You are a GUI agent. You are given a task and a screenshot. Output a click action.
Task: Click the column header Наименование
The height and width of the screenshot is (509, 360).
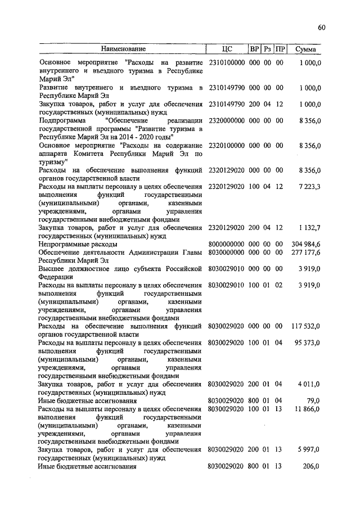[123, 49]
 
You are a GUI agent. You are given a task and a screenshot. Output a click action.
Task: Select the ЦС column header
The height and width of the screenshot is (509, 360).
[227, 49]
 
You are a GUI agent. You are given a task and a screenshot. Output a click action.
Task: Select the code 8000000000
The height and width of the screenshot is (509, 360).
[226, 245]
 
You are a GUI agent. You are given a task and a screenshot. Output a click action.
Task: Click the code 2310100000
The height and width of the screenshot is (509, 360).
[226, 61]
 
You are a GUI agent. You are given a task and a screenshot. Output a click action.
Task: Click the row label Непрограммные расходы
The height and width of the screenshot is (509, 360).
[78, 245]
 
